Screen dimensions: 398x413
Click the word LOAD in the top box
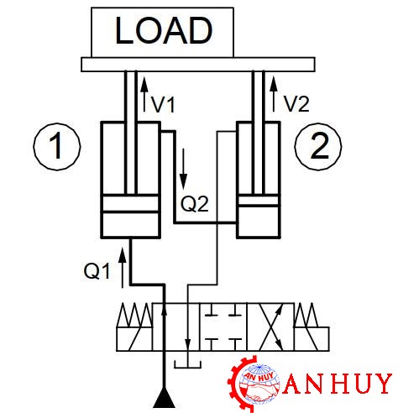[164, 30]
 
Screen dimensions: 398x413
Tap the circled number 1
[57, 147]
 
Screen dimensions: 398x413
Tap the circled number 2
[318, 147]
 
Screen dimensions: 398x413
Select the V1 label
[163, 105]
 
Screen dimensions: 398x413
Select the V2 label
[296, 104]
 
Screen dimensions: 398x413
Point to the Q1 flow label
[97, 271]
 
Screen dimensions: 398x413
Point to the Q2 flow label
[195, 204]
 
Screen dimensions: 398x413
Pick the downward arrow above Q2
[183, 169]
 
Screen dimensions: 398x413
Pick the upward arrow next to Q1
[122, 267]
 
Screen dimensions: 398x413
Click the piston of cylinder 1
[130, 203]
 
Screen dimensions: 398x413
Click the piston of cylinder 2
[259, 200]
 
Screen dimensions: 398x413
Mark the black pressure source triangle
[165, 400]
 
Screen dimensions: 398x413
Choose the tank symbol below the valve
[188, 364]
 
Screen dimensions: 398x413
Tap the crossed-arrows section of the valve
[270, 327]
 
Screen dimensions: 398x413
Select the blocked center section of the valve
[223, 327]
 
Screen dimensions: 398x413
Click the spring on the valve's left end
[134, 315]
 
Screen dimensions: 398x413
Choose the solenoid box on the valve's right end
[312, 338]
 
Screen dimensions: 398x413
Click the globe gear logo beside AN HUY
[254, 383]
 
